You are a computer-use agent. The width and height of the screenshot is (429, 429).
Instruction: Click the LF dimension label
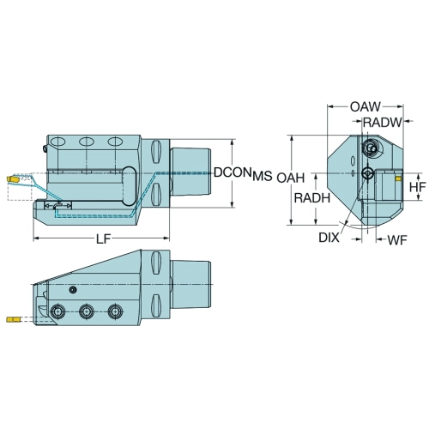(103, 239)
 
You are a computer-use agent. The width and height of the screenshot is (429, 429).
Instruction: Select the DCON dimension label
(233, 172)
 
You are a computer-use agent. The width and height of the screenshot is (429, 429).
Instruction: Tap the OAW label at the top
(366, 107)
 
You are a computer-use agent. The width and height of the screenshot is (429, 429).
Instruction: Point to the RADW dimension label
(383, 123)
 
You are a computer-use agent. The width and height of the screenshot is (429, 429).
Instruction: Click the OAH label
(291, 178)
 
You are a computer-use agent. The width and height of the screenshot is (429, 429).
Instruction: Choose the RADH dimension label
(312, 198)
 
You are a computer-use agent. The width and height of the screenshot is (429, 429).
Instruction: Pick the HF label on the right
(418, 187)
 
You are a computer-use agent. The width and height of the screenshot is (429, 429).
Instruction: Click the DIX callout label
(329, 238)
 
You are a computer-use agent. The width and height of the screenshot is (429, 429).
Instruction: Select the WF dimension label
(397, 240)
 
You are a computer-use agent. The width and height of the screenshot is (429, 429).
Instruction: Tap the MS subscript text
(263, 177)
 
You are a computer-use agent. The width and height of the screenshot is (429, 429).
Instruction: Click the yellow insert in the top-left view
(13, 179)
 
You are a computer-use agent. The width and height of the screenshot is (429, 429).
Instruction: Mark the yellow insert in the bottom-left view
(13, 319)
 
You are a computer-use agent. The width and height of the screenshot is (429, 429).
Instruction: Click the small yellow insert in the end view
(398, 179)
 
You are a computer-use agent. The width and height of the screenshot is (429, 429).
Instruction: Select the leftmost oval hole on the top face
(57, 142)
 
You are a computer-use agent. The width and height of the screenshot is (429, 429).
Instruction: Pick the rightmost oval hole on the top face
(115, 142)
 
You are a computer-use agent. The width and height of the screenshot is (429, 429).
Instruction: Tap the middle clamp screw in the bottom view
(87, 311)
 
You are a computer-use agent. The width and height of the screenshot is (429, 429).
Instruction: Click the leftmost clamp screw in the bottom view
(57, 311)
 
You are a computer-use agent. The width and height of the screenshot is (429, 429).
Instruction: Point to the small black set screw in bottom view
(73, 290)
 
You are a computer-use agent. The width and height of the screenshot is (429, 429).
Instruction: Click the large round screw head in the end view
(371, 148)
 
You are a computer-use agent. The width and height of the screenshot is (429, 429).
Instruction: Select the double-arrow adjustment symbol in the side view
(58, 206)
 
